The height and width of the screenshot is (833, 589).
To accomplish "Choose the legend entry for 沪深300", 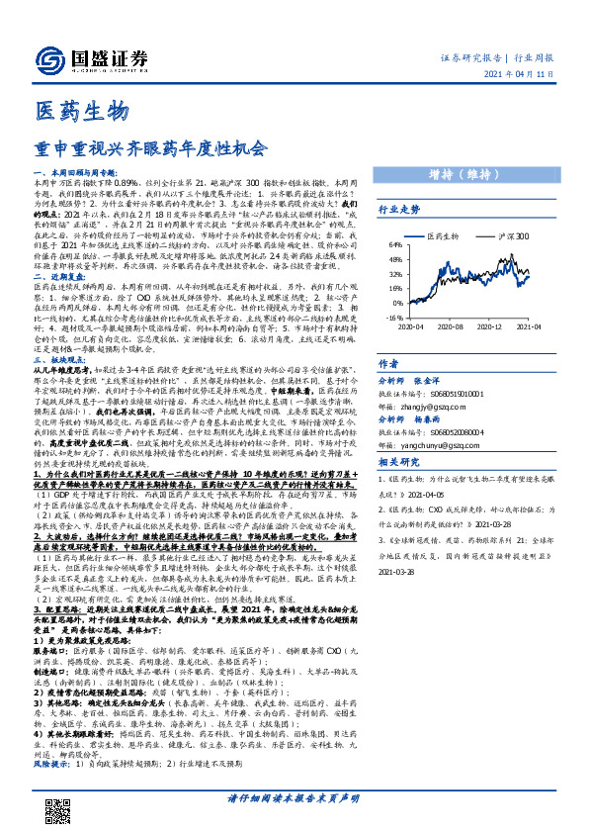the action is pyautogui.click(x=512, y=237).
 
